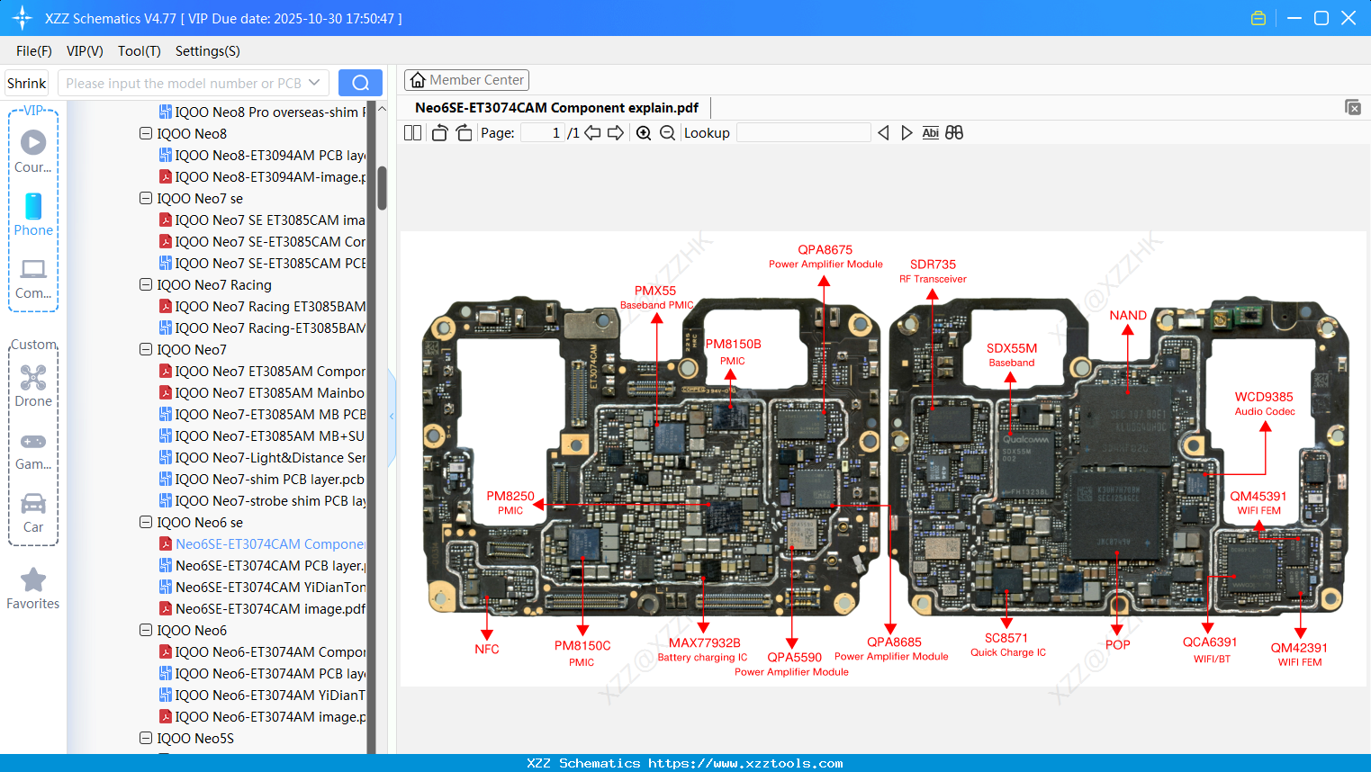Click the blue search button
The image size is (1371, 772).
coord(360,83)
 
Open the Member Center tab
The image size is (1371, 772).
coord(466,80)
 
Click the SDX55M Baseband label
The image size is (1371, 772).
coord(1012,355)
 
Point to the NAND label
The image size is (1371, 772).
coord(1128,315)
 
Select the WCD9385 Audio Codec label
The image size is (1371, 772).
coord(1264,403)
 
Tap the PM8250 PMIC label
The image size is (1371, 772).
coord(510,502)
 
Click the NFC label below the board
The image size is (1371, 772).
coord(486,649)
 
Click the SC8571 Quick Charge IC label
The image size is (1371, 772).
coord(1006,644)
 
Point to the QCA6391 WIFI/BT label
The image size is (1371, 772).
coord(1210,649)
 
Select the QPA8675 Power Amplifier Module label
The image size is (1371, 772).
coord(825,256)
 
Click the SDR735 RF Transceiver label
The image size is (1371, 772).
coord(933,271)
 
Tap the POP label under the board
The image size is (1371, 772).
coord(1117,644)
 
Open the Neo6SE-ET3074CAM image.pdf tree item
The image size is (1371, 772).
coord(270,609)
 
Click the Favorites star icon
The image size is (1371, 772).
coord(33,580)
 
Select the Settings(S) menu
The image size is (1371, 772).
coord(207,51)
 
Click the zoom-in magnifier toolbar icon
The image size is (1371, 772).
coord(644,133)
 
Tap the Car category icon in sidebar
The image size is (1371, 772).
coord(33,505)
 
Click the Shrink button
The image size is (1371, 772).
coord(26,84)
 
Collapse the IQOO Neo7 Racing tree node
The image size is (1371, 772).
coord(146,284)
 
